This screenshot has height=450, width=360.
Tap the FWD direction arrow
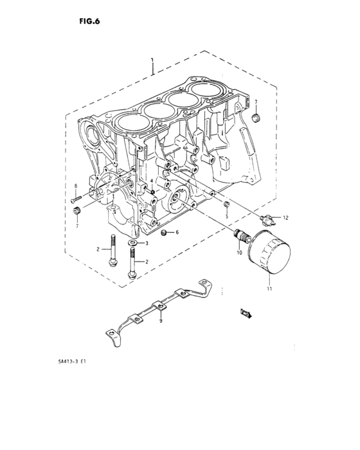246,313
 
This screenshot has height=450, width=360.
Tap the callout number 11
269,289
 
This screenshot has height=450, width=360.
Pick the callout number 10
240,252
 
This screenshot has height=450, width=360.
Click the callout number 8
75,186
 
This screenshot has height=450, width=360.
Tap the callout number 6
177,232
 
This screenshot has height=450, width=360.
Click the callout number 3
147,244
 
